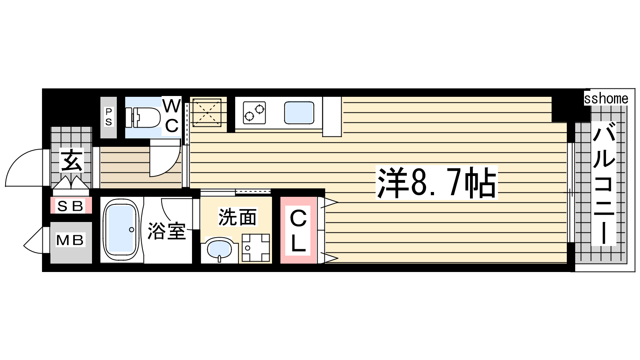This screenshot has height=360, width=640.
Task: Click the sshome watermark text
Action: (606, 98)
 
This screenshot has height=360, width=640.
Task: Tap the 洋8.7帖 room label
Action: (436, 182)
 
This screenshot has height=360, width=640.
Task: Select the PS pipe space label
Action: (108, 116)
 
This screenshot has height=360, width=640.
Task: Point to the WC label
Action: (172, 116)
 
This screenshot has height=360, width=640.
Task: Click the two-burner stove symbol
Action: (254, 112)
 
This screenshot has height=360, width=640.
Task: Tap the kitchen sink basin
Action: (299, 112)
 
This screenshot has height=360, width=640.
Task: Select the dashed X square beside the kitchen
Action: (206, 112)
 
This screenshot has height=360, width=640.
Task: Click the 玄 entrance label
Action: (72, 160)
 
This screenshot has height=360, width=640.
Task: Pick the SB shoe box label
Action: (70, 206)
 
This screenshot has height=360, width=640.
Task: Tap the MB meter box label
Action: (70, 240)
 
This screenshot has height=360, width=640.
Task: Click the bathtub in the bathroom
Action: (121, 230)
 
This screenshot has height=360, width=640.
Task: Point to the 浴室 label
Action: (167, 231)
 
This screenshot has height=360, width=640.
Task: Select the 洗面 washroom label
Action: (238, 217)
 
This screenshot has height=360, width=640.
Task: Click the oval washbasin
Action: (220, 249)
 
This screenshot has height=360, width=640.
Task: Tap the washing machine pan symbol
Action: (256, 248)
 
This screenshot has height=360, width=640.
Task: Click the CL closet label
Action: (298, 230)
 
